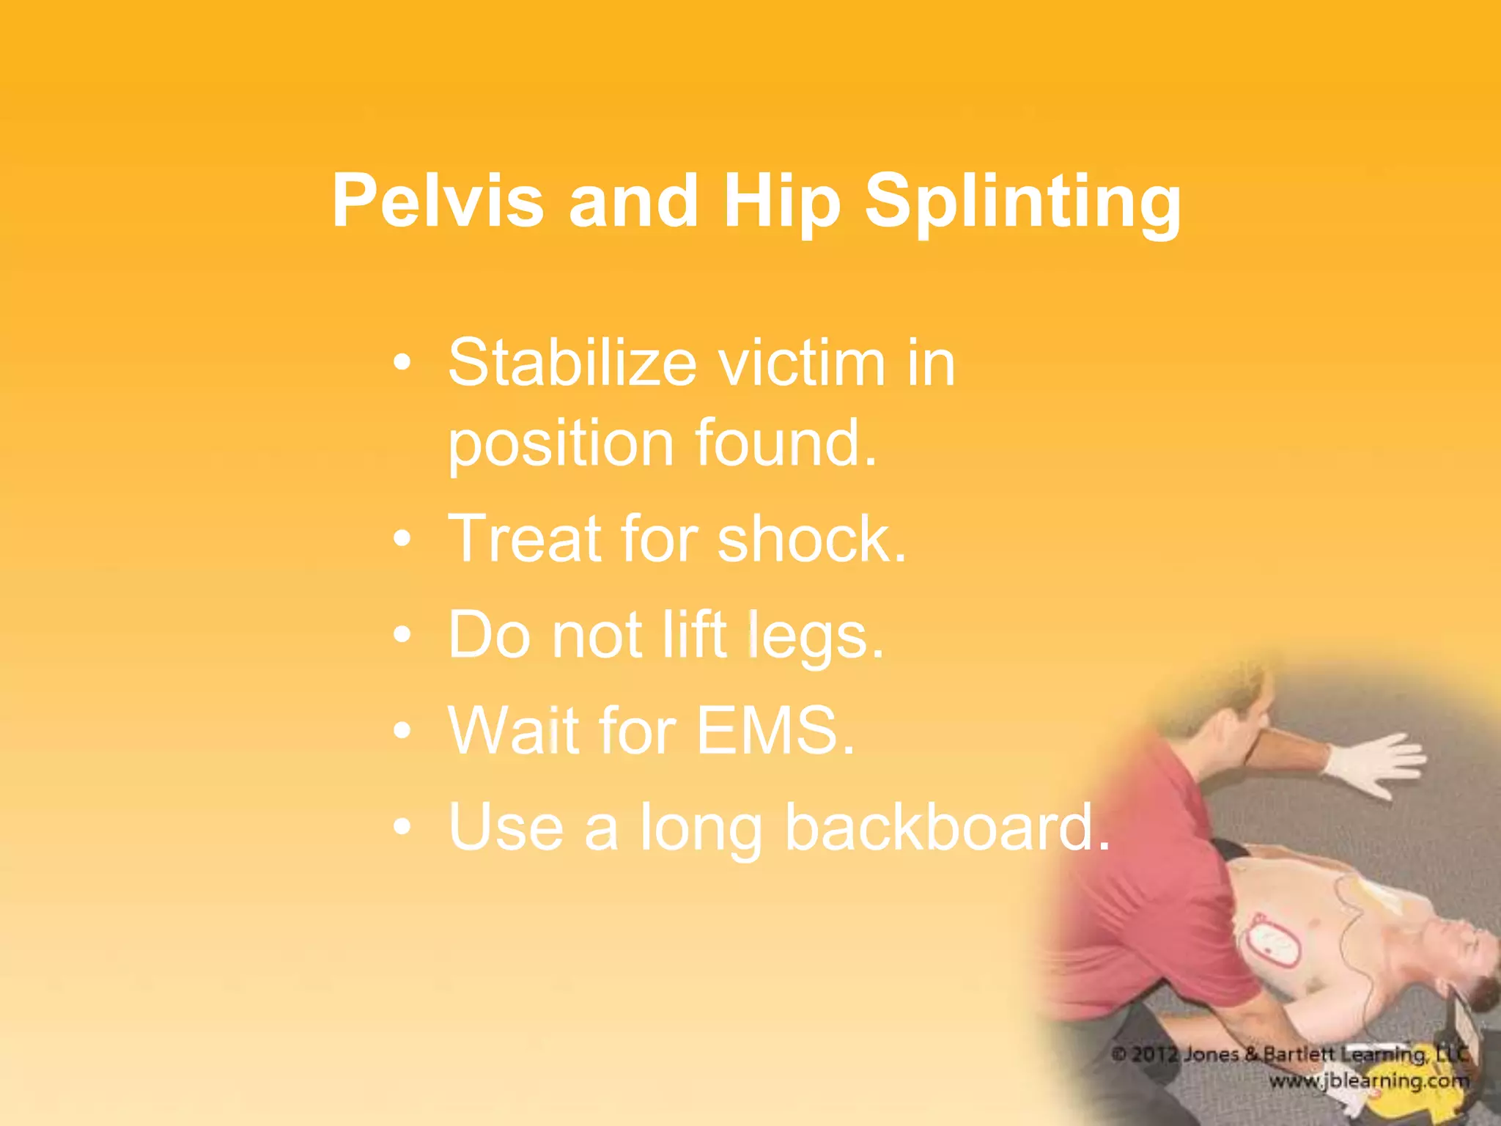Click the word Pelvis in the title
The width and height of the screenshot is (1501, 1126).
pyautogui.click(x=438, y=202)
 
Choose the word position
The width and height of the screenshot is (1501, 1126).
pyautogui.click(x=561, y=444)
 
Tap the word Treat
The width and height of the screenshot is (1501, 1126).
pyautogui.click(x=525, y=539)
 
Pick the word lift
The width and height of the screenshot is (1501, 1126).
pyautogui.click(x=695, y=635)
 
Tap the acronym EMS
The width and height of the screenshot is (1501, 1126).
pyautogui.click(x=775, y=730)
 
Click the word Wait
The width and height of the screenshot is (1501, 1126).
pyautogui.click(x=512, y=730)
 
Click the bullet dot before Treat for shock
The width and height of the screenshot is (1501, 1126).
pyautogui.click(x=402, y=540)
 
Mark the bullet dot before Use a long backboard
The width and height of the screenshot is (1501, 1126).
pyautogui.click(x=402, y=828)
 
